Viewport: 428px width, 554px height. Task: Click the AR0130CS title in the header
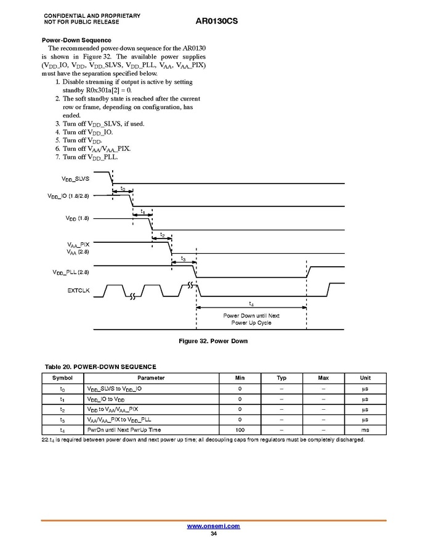coord(216,21)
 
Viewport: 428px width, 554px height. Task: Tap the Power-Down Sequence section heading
coord(76,40)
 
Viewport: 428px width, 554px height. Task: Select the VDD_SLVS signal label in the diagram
coord(75,179)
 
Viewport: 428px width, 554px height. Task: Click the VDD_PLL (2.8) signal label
coord(71,272)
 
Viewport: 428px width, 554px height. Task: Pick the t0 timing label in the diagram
coord(123,189)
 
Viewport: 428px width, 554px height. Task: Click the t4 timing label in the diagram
coord(251,303)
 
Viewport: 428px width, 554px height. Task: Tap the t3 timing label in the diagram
coord(183,259)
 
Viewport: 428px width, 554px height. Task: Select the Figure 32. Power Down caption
coord(213,341)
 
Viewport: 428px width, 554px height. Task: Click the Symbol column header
coord(62,378)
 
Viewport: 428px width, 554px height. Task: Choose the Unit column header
coord(365,378)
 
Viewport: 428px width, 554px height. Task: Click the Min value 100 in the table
coord(240,430)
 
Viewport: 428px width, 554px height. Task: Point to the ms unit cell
coord(365,430)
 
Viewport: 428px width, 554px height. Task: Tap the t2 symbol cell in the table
coord(62,409)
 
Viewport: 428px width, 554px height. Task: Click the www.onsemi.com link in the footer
coord(213,526)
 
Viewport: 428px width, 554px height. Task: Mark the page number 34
coord(213,534)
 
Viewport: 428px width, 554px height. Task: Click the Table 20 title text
coord(100,367)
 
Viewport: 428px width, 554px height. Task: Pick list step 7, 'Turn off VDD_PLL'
coord(91,157)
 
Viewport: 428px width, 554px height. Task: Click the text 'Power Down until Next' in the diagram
coord(251,316)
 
